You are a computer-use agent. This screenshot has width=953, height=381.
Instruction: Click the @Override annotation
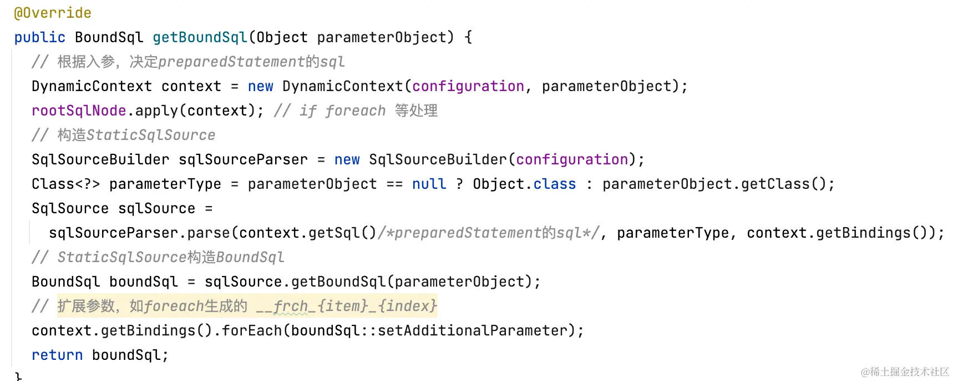pyautogui.click(x=53, y=13)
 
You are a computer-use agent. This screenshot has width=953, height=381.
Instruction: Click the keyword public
pyautogui.click(x=39, y=37)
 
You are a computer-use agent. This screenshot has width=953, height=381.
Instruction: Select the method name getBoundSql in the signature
pyautogui.click(x=200, y=37)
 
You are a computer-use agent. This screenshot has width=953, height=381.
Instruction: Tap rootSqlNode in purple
pyautogui.click(x=79, y=111)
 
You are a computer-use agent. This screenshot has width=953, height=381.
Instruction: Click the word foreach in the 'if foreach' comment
pyautogui.click(x=355, y=111)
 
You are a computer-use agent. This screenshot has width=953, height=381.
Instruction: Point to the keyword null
pyautogui.click(x=429, y=184)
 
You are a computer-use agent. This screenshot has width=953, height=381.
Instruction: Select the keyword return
pyautogui.click(x=57, y=355)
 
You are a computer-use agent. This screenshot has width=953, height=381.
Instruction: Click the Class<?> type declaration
pyautogui.click(x=65, y=184)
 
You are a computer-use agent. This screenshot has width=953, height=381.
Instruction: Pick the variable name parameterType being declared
pyautogui.click(x=165, y=184)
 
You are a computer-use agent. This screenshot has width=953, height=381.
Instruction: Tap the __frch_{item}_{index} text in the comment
pyautogui.click(x=346, y=306)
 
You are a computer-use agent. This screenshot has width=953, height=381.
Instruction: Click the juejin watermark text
pyautogui.click(x=905, y=372)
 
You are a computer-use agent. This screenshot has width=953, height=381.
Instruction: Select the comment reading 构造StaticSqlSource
pyautogui.click(x=136, y=135)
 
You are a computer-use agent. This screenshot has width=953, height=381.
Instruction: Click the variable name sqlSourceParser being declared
pyautogui.click(x=242, y=159)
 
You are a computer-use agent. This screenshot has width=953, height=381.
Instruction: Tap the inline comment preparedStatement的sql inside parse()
pyautogui.click(x=488, y=233)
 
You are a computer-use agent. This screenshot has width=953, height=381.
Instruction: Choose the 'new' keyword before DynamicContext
pyautogui.click(x=260, y=86)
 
